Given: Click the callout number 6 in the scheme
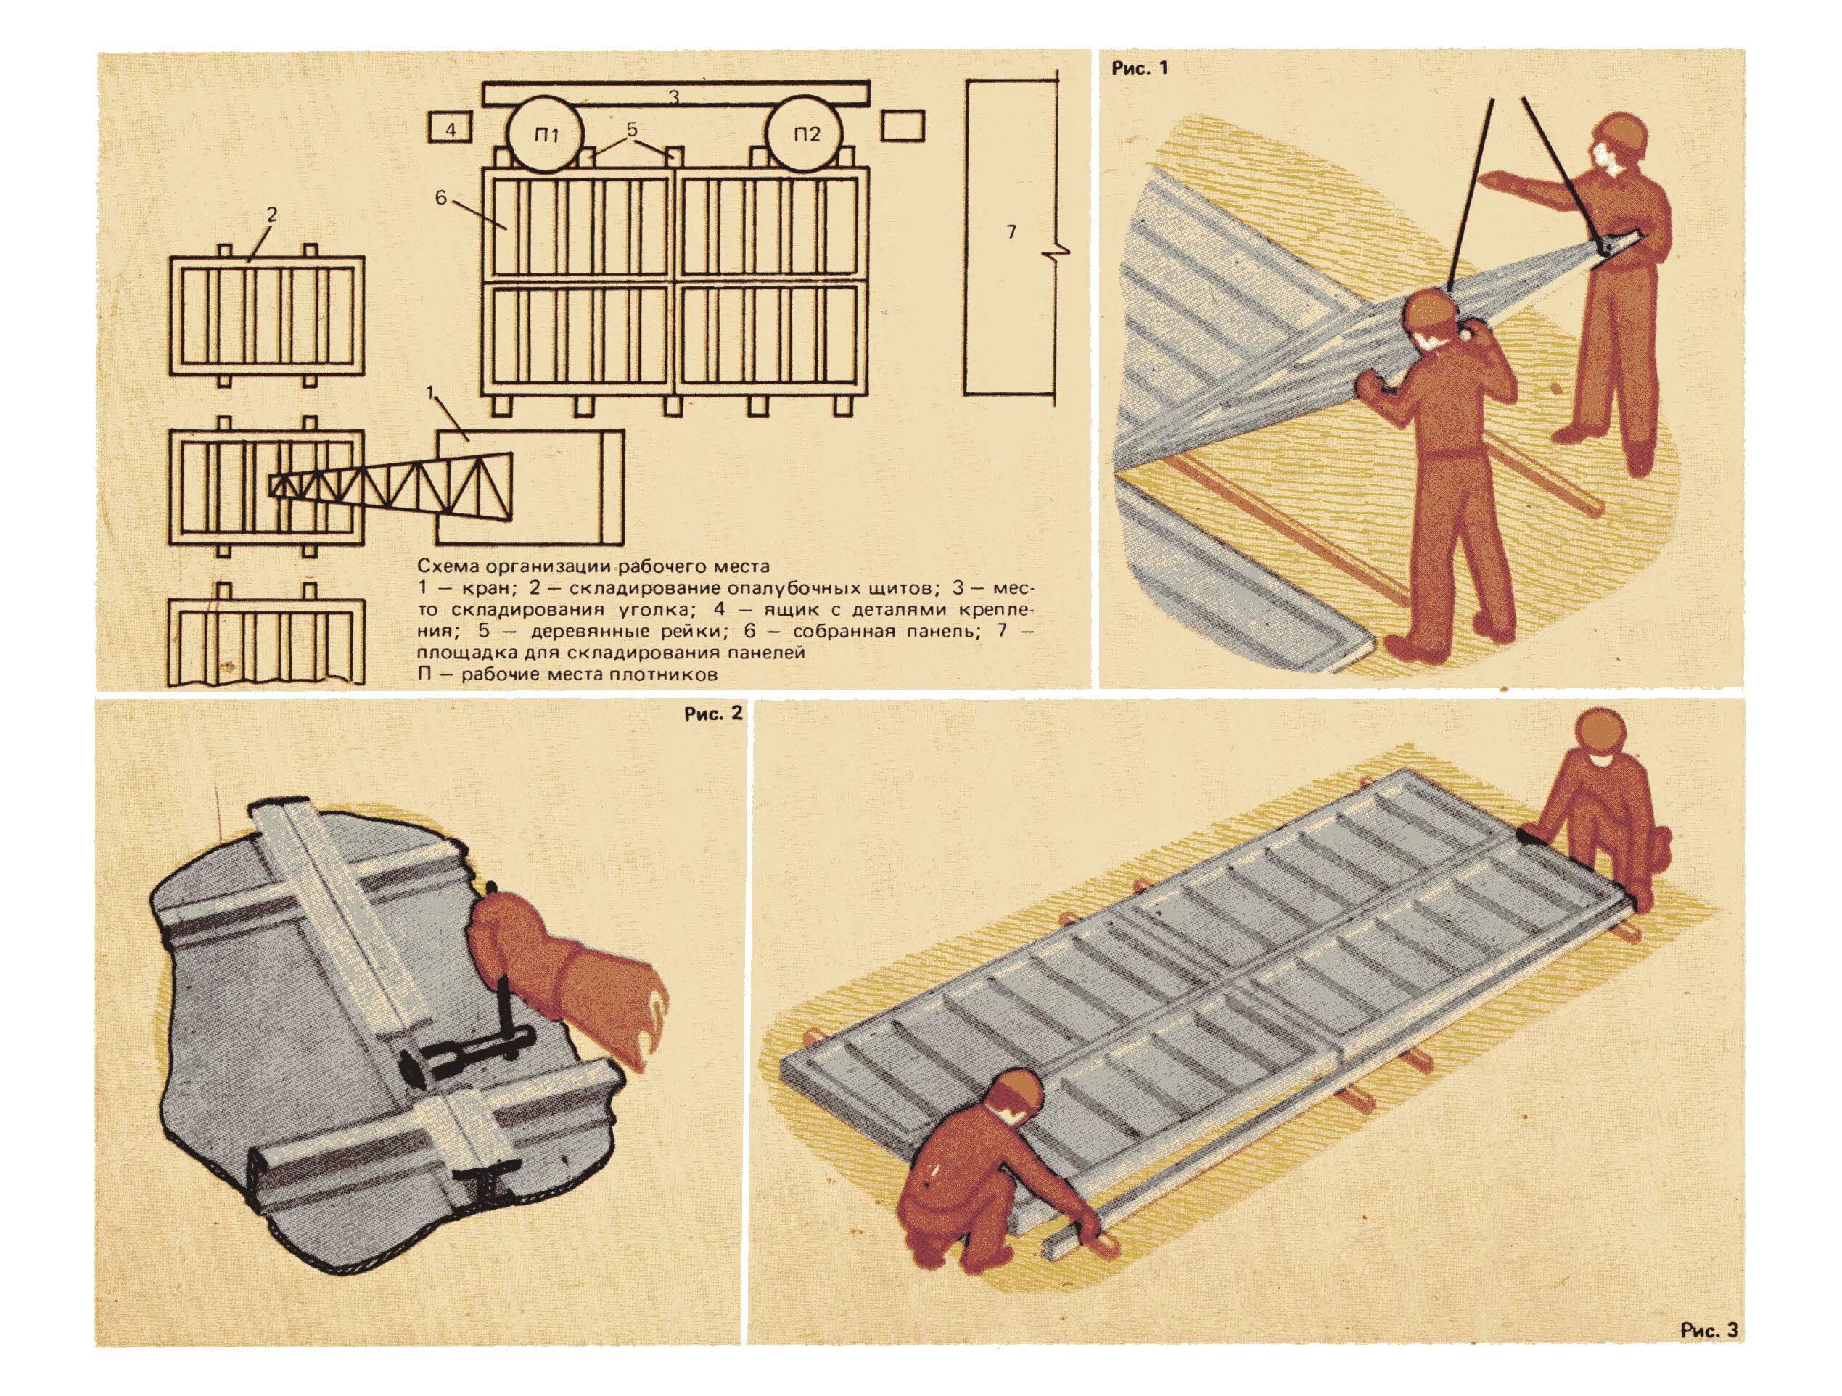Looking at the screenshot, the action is coord(440,198).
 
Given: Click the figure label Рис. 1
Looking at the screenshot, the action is coord(1140,68).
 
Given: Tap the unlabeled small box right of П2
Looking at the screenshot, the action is coord(903,128).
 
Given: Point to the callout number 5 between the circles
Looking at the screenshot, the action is coord(631,129).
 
